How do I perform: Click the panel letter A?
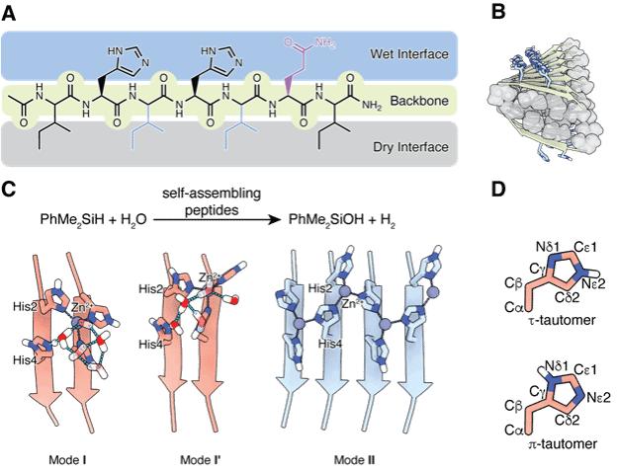coord(16,12)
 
